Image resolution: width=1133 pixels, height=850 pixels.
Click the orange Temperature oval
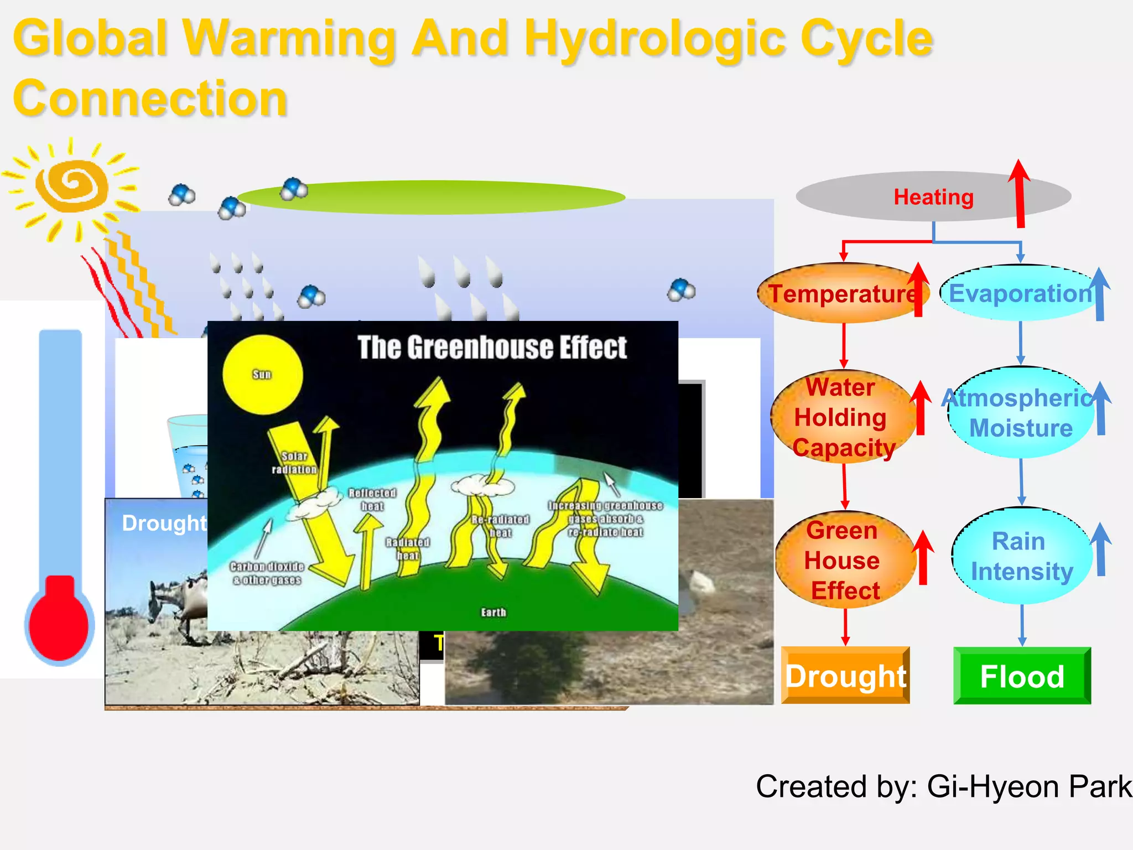pyautogui.click(x=838, y=294)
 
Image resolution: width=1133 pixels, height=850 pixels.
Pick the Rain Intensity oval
pyautogui.click(x=1021, y=556)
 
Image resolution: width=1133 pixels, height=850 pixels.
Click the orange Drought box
pyautogui.click(x=845, y=676)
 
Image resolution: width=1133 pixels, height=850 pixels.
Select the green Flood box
pyautogui.click(x=1022, y=676)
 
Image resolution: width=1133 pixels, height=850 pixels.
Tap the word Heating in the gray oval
pyautogui.click(x=933, y=197)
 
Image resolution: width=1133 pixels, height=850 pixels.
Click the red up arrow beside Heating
pyautogui.click(x=1019, y=194)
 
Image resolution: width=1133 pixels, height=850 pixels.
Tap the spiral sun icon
pyautogui.click(x=72, y=186)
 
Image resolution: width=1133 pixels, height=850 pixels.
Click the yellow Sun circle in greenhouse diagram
pyautogui.click(x=263, y=375)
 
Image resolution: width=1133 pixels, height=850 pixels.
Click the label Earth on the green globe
pyautogui.click(x=493, y=612)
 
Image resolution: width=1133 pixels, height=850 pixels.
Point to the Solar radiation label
pyautogui.click(x=294, y=463)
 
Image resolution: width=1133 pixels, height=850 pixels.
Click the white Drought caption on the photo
pyautogui.click(x=164, y=523)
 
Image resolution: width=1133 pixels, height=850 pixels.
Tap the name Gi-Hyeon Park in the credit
pyautogui.click(x=1029, y=786)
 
